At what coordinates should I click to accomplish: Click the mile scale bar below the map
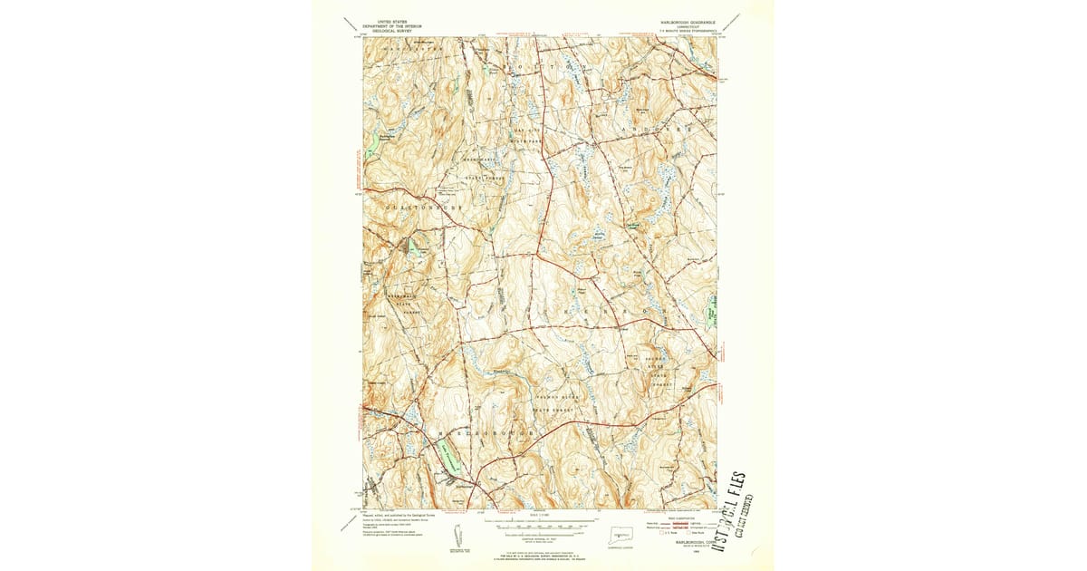coord(542,524)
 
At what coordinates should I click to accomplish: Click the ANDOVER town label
coord(669,130)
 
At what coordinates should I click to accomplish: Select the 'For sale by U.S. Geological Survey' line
coord(540,555)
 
